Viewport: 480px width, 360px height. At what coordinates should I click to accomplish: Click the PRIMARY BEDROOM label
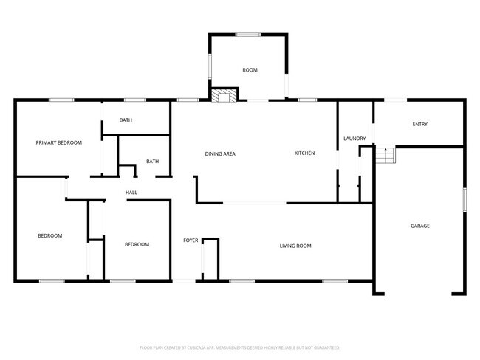click(x=59, y=142)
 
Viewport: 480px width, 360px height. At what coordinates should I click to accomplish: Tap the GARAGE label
click(x=420, y=226)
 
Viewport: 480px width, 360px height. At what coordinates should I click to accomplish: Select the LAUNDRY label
click(x=354, y=139)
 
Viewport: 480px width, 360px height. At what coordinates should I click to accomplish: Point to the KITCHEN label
click(x=305, y=153)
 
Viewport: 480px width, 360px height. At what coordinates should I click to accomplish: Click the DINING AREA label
click(x=220, y=153)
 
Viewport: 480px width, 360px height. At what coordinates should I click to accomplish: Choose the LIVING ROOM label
click(x=295, y=245)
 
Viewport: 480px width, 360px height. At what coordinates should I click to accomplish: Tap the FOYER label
click(x=191, y=240)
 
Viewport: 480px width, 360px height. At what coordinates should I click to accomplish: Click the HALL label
click(x=131, y=193)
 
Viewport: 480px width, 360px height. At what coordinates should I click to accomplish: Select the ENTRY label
click(x=419, y=124)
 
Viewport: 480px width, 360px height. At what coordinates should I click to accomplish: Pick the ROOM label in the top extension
click(x=250, y=70)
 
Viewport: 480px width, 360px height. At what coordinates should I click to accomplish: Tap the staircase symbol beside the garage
click(x=385, y=156)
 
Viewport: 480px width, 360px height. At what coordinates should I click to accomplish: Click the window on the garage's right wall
click(x=464, y=200)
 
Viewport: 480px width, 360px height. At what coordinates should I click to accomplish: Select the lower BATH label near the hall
click(x=152, y=162)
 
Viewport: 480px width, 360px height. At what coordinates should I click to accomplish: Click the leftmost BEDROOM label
click(x=50, y=236)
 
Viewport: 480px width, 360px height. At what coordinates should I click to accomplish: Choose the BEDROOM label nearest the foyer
click(x=137, y=245)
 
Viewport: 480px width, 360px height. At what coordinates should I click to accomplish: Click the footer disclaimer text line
click(x=239, y=347)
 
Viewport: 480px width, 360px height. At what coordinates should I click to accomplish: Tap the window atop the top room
click(x=248, y=34)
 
